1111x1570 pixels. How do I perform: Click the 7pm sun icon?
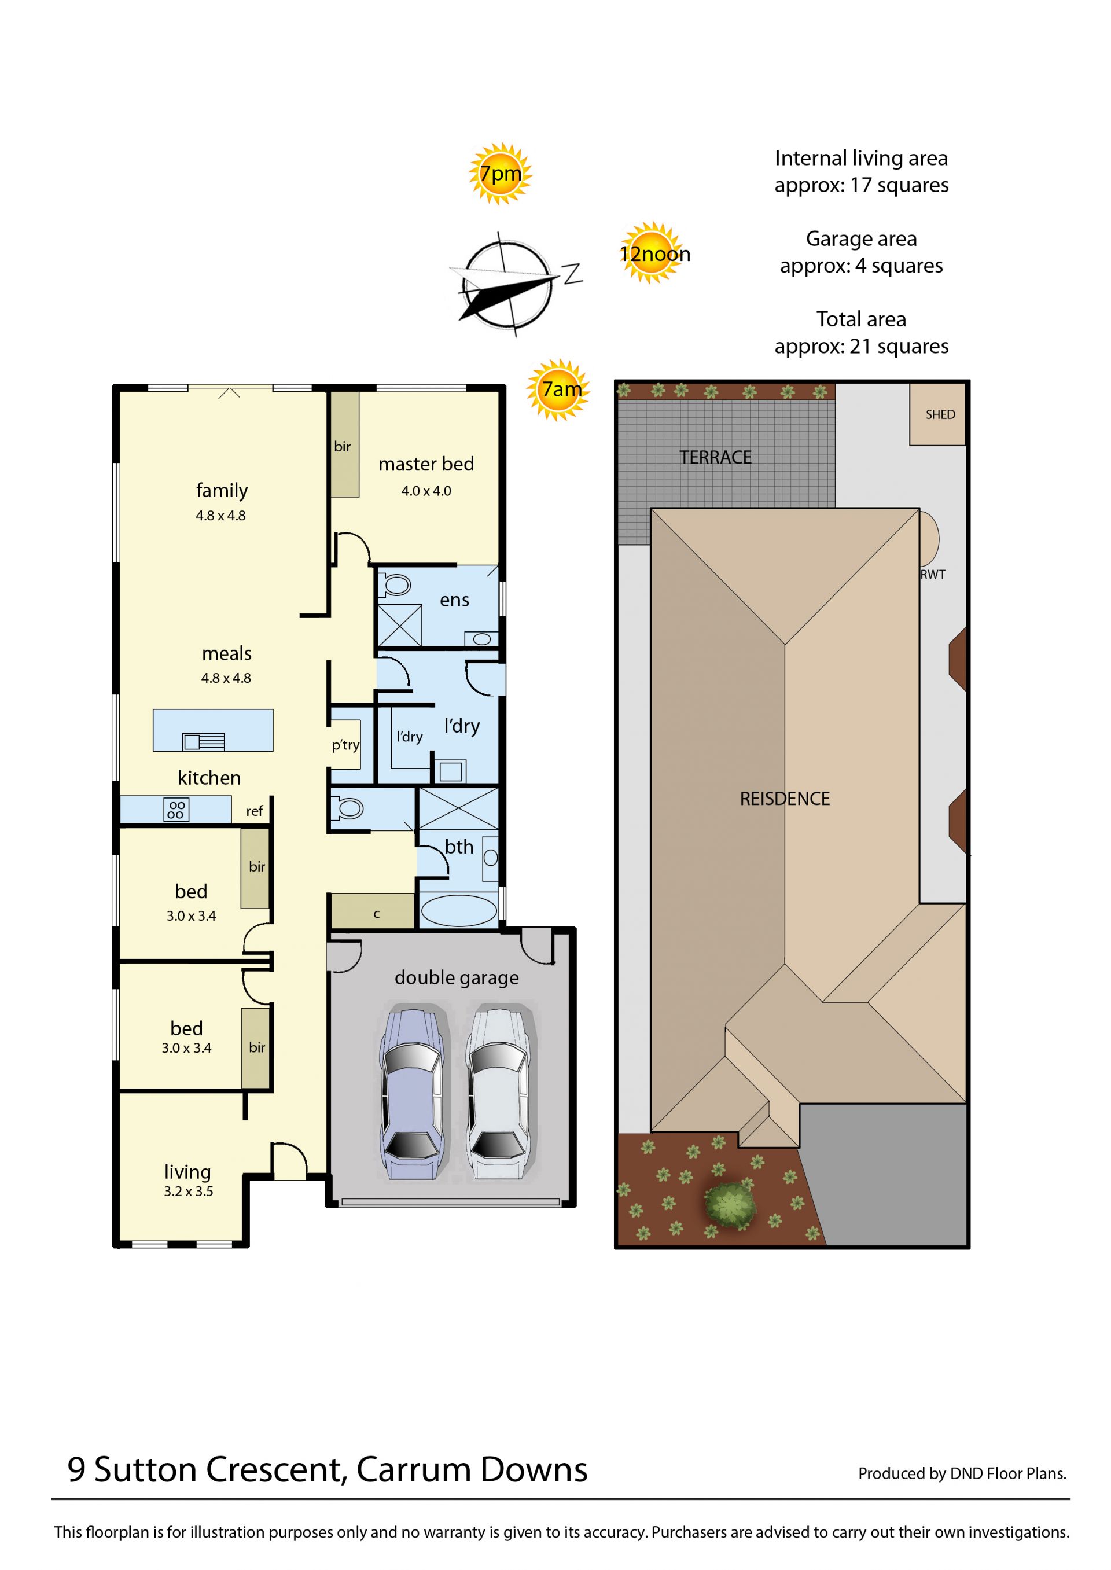click(500, 173)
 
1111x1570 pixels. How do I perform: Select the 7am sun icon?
click(559, 389)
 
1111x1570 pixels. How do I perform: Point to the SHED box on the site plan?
click(937, 414)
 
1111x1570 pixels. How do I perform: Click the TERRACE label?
click(715, 457)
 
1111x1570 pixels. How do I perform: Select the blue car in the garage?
click(411, 1093)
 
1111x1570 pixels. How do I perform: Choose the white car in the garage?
click(498, 1093)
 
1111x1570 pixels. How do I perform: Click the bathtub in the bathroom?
click(458, 910)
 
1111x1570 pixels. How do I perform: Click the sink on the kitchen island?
click(203, 741)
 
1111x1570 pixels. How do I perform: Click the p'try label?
click(345, 745)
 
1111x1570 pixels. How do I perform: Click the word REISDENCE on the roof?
click(785, 799)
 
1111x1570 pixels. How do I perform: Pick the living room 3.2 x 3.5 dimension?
click(188, 1191)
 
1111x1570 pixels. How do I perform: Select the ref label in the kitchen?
click(254, 811)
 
